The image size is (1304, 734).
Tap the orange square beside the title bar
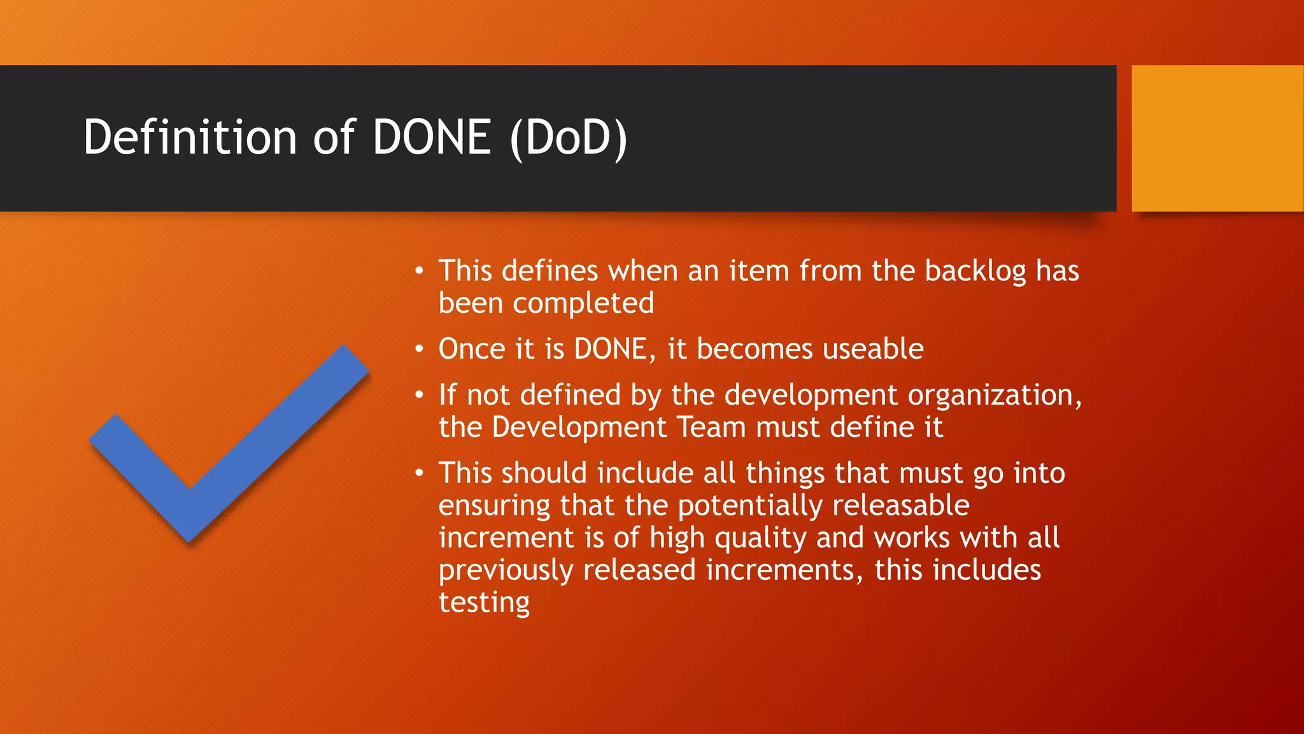pyautogui.click(x=1217, y=138)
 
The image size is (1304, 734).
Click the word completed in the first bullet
pyautogui.click(x=583, y=303)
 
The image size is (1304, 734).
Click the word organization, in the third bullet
pyautogui.click(x=994, y=396)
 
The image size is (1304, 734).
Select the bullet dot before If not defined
pyautogui.click(x=418, y=396)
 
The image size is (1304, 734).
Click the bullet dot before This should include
pyautogui.click(x=418, y=473)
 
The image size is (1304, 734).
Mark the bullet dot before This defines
pyautogui.click(x=418, y=271)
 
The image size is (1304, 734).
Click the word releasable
pyautogui.click(x=900, y=506)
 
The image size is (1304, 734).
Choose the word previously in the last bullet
pyautogui.click(x=506, y=571)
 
